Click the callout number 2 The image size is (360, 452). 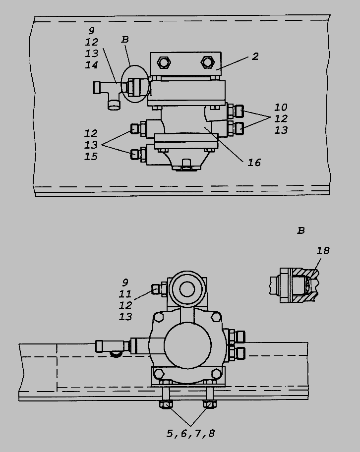pyautogui.click(x=255, y=56)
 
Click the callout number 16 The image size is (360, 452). pyautogui.click(x=254, y=163)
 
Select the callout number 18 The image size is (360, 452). pyautogui.click(x=323, y=250)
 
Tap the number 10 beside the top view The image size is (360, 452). pyautogui.click(x=281, y=107)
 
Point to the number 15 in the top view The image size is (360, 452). pyautogui.click(x=91, y=157)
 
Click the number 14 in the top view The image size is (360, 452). pyautogui.click(x=91, y=65)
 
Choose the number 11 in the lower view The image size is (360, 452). pyautogui.click(x=125, y=294)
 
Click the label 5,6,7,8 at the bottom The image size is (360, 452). pyautogui.click(x=191, y=434)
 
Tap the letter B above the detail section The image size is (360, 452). pyautogui.click(x=301, y=230)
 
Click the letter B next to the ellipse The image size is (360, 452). pyautogui.click(x=125, y=39)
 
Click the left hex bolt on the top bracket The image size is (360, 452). pyautogui.click(x=164, y=62)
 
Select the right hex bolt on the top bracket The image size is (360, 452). pyautogui.click(x=207, y=62)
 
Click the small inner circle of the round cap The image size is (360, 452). pyautogui.click(x=187, y=289)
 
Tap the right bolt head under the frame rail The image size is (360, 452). pyautogui.click(x=209, y=404)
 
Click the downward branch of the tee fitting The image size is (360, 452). pyautogui.click(x=114, y=105)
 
